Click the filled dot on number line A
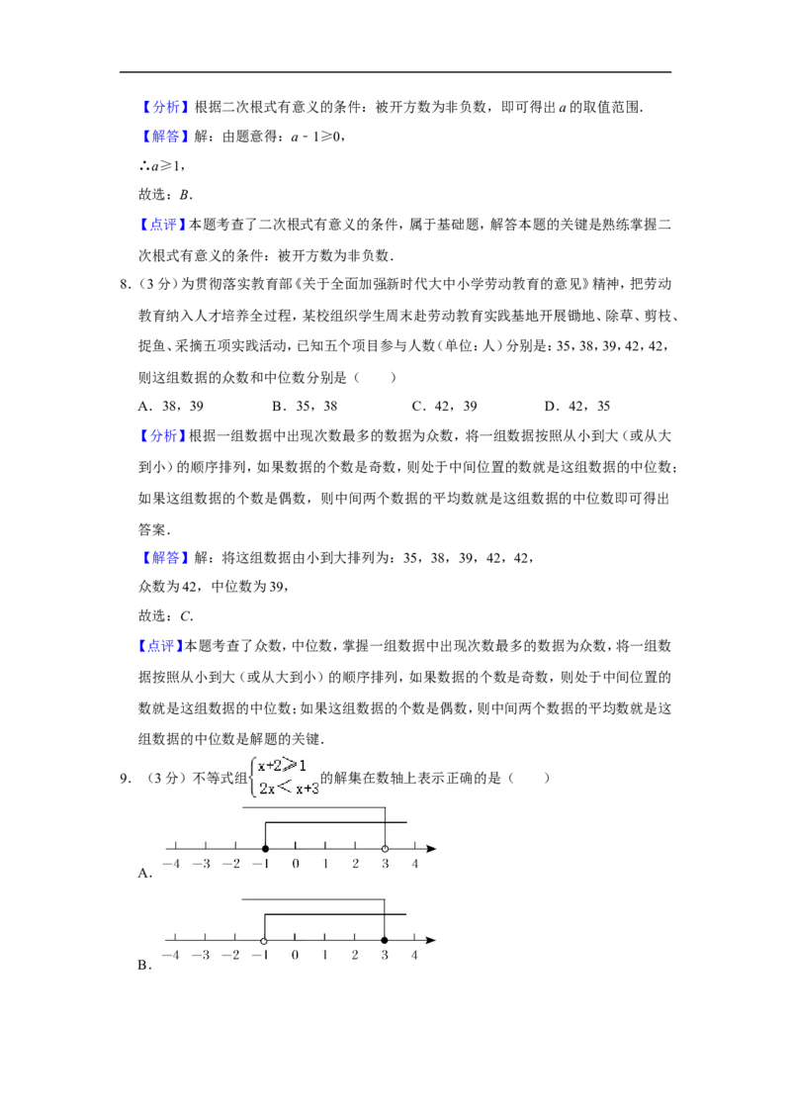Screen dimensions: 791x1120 click(x=266, y=849)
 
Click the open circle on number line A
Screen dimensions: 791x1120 click(x=385, y=849)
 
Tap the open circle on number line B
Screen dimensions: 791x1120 click(x=265, y=940)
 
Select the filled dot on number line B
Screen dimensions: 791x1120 click(x=385, y=940)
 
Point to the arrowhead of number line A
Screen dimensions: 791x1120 click(x=431, y=849)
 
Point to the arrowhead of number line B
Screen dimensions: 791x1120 click(x=431, y=940)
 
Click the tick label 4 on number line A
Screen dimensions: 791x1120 click(x=414, y=864)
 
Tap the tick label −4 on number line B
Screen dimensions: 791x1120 click(x=171, y=955)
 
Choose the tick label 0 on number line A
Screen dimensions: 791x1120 click(x=296, y=864)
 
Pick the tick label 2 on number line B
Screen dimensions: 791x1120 click(x=355, y=955)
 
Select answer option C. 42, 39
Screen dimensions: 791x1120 click(x=445, y=407)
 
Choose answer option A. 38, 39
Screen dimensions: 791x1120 click(x=171, y=407)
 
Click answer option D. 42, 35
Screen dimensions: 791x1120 click(x=577, y=407)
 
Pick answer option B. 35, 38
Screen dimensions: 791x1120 click(x=305, y=407)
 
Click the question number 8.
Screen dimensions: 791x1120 click(x=125, y=284)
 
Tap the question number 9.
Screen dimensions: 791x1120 click(x=125, y=779)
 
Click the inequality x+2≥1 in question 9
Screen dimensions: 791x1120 click(x=282, y=766)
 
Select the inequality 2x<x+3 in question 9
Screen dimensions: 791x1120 click(x=289, y=789)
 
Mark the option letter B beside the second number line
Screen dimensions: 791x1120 click(x=144, y=965)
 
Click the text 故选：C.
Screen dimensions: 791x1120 click(x=166, y=615)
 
